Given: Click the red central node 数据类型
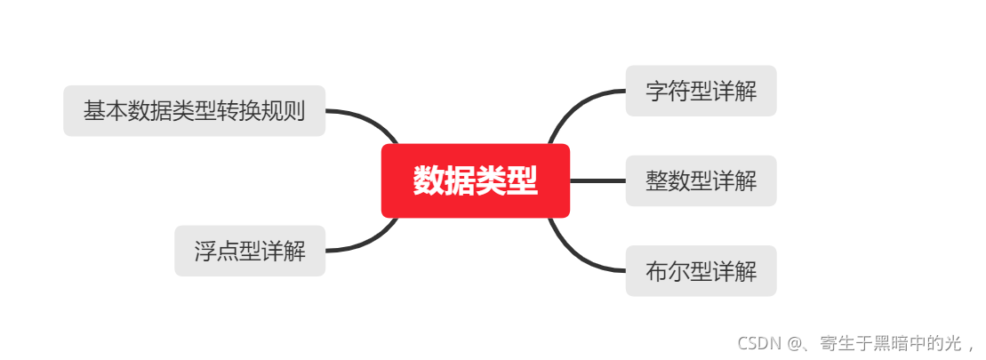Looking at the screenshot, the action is (475, 180).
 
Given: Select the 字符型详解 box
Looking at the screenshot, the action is (701, 91).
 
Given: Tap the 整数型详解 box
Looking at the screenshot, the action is (701, 180).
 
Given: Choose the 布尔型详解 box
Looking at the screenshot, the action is (701, 271).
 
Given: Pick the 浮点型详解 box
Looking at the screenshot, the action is (250, 251).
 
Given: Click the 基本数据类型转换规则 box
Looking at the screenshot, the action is (194, 111).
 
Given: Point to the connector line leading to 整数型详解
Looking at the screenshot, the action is (597, 180).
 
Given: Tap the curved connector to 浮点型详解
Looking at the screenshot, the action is (373, 242).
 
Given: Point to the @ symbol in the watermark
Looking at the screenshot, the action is (794, 343).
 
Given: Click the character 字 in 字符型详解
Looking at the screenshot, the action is (657, 91).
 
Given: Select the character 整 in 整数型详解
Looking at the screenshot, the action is (657, 180).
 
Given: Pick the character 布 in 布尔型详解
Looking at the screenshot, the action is (657, 271).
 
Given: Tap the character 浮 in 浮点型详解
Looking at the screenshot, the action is (206, 251).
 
